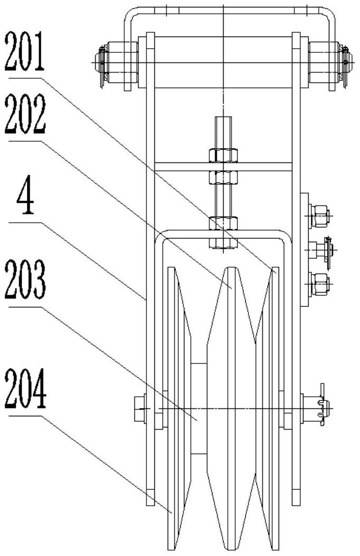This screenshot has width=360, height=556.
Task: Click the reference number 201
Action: pos(24,51)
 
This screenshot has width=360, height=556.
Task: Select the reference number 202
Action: pos(25,114)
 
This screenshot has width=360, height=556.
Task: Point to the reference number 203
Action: pos(25,279)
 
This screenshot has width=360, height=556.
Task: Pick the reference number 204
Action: pos(25,389)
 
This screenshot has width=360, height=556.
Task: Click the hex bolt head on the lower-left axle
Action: pos(140,409)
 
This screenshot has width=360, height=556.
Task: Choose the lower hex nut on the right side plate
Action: pos(320,284)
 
